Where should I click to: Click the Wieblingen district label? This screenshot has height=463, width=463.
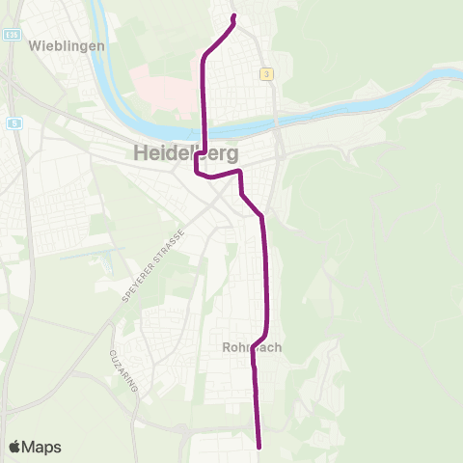[60, 45]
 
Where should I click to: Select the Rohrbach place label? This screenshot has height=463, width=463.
[251, 348]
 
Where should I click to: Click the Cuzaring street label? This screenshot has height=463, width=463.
[125, 370]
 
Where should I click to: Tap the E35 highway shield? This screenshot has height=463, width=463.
[11, 35]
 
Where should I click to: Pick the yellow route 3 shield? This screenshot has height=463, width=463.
[265, 73]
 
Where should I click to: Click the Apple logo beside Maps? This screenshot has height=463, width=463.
[15, 447]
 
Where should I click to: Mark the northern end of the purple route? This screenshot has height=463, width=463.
[234, 15]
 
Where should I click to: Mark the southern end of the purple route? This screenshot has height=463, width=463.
[260, 447]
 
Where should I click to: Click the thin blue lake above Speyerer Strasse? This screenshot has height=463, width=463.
[91, 256]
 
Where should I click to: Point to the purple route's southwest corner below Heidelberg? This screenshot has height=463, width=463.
[197, 174]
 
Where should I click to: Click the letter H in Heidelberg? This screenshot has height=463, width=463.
[137, 153]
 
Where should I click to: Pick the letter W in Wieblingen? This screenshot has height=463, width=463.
[36, 45]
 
